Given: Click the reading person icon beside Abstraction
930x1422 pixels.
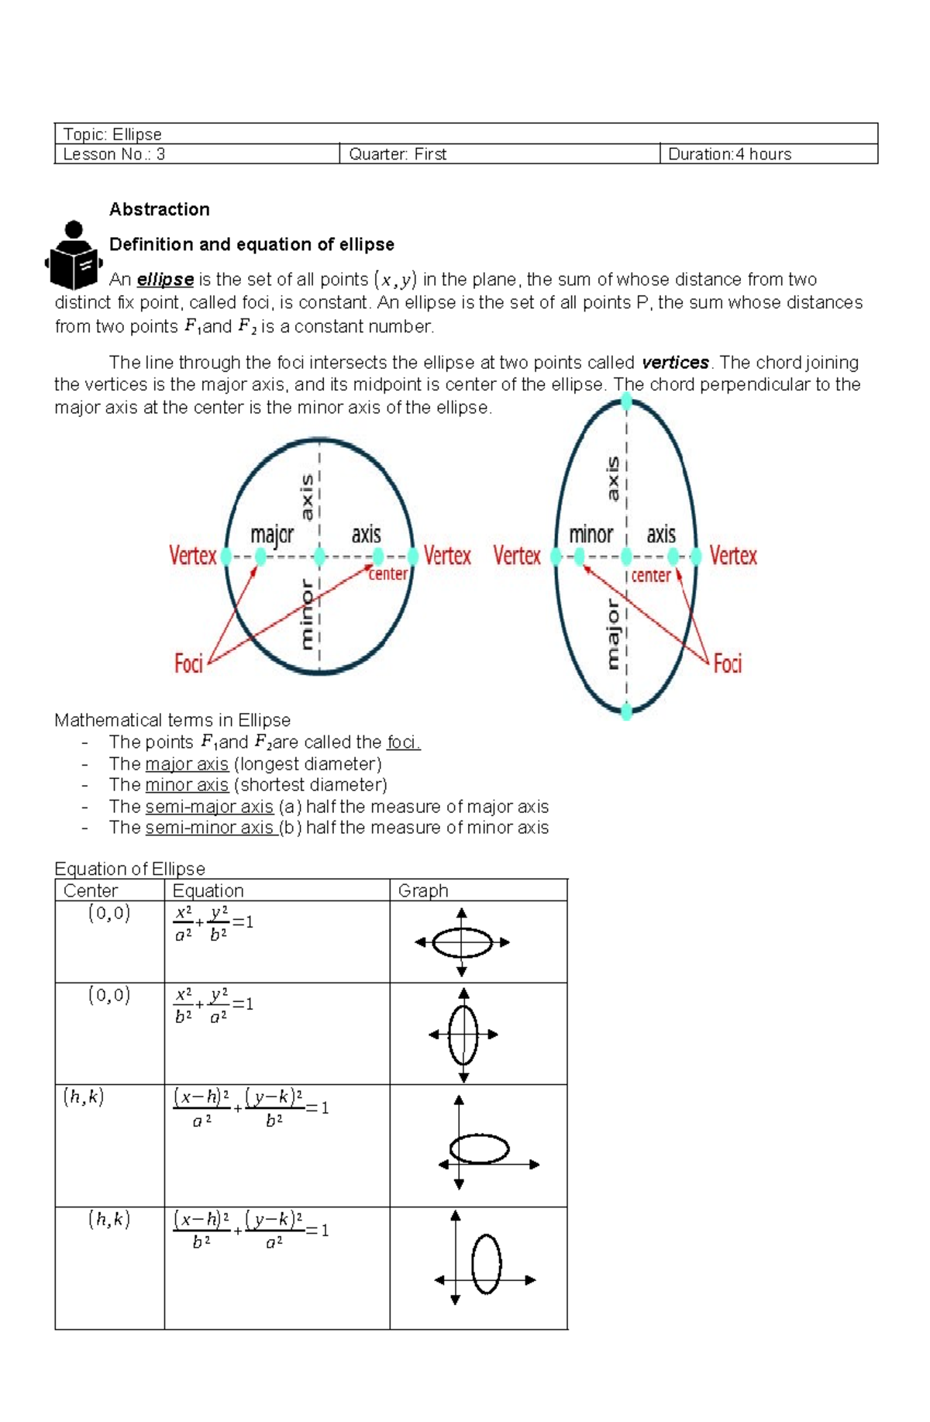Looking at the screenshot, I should (x=74, y=256).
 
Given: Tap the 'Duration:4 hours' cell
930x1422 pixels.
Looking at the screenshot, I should (x=729, y=154).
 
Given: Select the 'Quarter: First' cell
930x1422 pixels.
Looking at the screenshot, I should (x=398, y=154).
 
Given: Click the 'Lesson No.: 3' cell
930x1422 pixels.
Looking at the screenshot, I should (x=114, y=154).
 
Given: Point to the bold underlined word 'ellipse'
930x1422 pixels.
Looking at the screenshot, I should (x=165, y=280).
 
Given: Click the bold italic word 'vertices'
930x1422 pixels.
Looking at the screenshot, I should (x=675, y=363).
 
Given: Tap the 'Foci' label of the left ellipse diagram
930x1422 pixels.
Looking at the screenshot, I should (x=188, y=664).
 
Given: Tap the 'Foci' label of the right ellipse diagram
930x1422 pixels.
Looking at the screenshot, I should (x=728, y=663).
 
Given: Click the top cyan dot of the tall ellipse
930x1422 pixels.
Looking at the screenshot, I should (x=626, y=401).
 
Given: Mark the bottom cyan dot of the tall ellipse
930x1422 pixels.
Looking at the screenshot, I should (x=626, y=711).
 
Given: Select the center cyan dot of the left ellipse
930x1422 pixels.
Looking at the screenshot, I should (x=319, y=556).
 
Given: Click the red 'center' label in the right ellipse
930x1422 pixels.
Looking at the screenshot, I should (x=650, y=576).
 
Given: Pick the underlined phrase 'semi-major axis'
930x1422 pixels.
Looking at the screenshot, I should (x=209, y=807).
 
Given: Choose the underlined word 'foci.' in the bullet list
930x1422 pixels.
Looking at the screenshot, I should (x=403, y=742).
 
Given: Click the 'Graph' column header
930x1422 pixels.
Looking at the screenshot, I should (x=423, y=891).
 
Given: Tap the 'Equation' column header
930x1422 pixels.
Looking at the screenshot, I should (x=208, y=891).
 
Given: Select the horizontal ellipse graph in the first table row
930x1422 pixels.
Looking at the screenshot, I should (x=462, y=943).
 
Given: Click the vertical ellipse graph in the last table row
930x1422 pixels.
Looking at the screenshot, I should (x=486, y=1264).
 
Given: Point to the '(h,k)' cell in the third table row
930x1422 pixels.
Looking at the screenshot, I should (x=84, y=1097).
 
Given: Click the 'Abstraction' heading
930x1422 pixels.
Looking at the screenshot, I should (x=160, y=209).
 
